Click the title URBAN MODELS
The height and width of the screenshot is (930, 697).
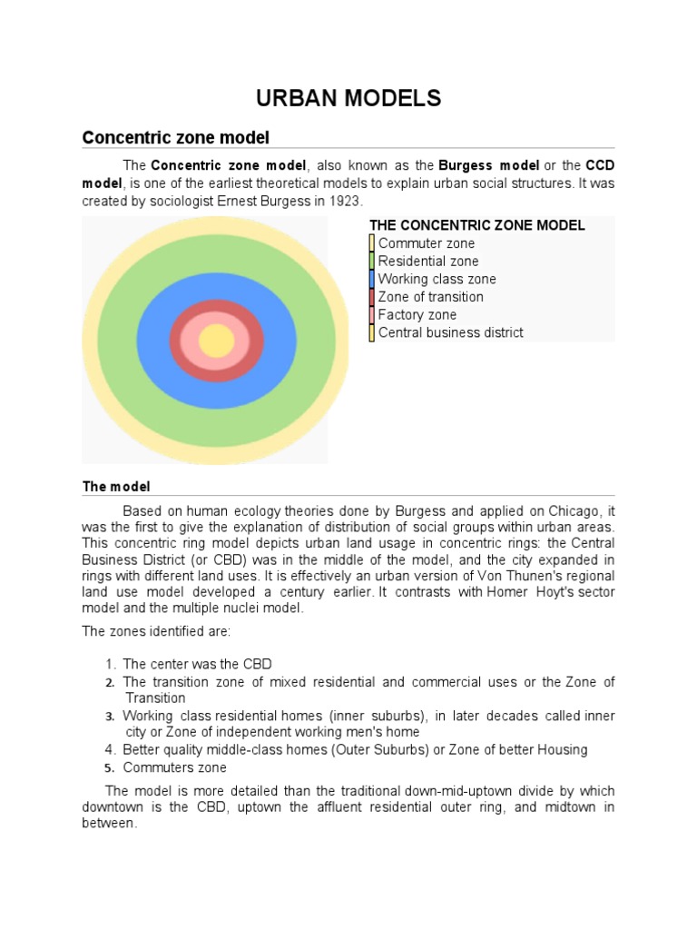coord(348,98)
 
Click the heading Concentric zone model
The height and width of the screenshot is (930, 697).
coord(176,137)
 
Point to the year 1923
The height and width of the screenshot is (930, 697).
coord(342,200)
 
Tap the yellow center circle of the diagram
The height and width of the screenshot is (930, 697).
coord(217,341)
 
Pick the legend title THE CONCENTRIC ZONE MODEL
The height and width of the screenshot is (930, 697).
coord(476,225)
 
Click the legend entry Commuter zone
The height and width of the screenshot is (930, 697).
coord(426,243)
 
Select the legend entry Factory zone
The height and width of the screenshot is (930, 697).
coord(417,315)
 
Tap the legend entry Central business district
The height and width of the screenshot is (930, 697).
coord(450,332)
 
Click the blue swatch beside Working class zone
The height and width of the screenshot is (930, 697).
coord(372,279)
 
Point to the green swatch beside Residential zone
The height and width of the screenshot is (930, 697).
coord(372,262)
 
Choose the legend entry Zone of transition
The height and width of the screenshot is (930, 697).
coord(430,297)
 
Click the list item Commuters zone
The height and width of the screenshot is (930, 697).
coord(174,767)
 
